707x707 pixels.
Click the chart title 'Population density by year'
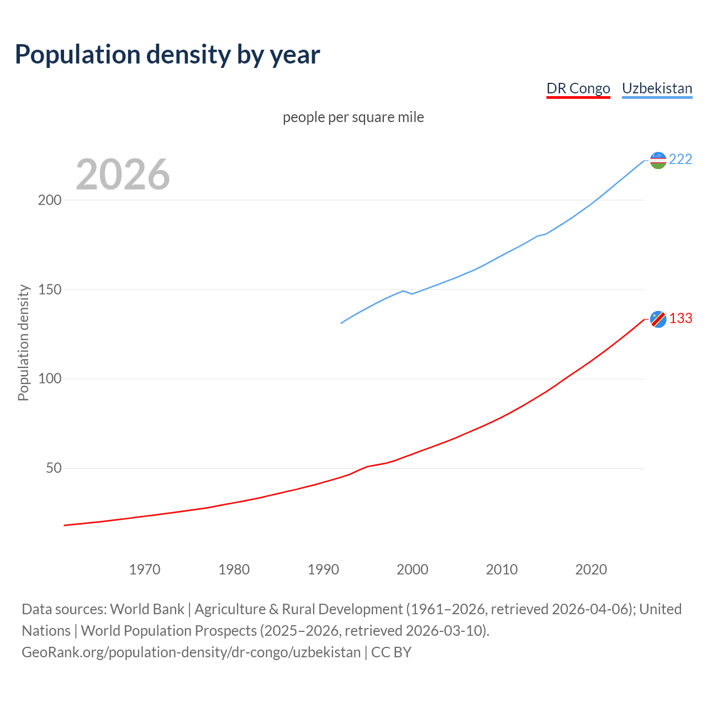tap(167, 55)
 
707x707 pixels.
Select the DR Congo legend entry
tap(578, 88)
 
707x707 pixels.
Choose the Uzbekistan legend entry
tap(657, 88)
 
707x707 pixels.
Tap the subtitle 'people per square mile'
tap(353, 118)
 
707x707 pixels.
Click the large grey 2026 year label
tap(123, 175)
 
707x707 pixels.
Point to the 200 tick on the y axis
tap(49, 200)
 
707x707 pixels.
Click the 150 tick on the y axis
tap(49, 289)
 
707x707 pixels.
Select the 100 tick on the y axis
tap(49, 379)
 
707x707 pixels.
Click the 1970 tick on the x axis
tap(145, 569)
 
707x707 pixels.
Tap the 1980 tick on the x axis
tap(234, 569)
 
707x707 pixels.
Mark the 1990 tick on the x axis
tap(323, 569)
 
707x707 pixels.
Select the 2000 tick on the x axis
tap(413, 569)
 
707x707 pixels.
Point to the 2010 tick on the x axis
tap(502, 569)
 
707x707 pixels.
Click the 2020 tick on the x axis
tap(591, 569)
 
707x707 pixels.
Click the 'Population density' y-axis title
tap(23, 342)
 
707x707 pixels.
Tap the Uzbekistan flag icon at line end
tap(658, 160)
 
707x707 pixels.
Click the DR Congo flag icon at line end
tap(658, 319)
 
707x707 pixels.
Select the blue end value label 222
tap(680, 160)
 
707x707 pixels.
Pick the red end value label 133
tap(680, 319)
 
